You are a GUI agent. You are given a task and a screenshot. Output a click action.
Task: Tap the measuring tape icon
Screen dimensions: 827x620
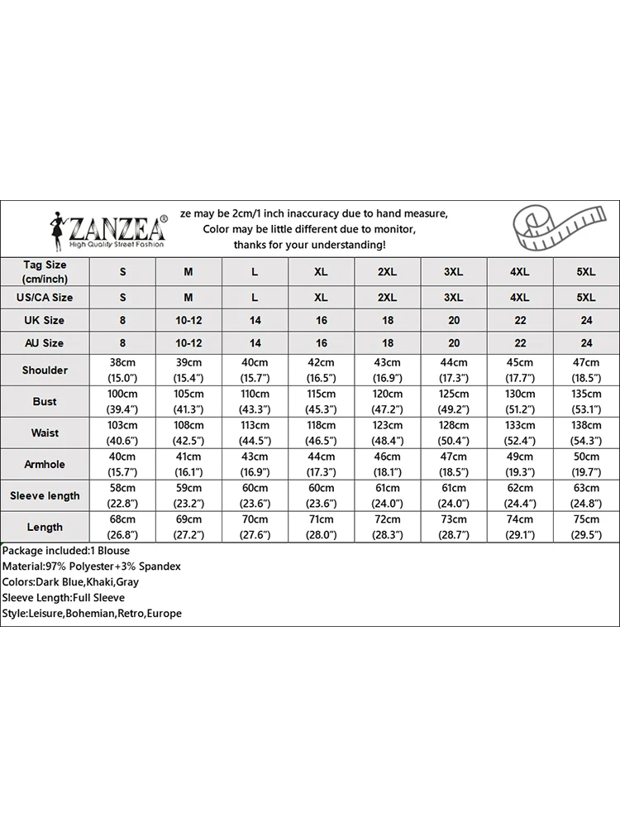[x=554, y=228]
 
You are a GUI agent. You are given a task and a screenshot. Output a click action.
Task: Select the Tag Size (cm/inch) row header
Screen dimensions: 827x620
[x=45, y=272]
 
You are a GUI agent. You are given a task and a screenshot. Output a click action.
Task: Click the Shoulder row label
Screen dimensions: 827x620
[x=45, y=370]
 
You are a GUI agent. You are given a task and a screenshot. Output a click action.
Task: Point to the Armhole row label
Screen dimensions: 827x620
[x=45, y=465]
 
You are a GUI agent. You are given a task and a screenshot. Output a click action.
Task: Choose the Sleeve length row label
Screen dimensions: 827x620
[x=45, y=496]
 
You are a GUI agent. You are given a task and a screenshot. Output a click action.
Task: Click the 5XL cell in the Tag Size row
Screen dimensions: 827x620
[x=586, y=272]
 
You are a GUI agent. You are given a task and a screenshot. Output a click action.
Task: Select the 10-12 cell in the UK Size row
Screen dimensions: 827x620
[x=188, y=320]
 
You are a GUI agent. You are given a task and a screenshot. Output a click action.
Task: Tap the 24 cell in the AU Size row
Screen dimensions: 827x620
[x=586, y=343]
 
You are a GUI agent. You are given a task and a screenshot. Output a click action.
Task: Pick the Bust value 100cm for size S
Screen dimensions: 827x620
[x=122, y=394]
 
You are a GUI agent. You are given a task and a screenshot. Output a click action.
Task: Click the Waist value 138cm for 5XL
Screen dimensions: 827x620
[x=586, y=426]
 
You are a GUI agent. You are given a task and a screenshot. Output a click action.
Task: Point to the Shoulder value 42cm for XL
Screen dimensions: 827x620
[x=321, y=363]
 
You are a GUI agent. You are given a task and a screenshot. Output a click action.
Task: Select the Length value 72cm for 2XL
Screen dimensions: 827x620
[x=387, y=519]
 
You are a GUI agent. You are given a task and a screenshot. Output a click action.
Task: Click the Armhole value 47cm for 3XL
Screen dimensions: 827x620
[x=454, y=457]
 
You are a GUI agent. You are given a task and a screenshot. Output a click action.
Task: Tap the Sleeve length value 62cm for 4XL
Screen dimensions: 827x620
[x=520, y=489]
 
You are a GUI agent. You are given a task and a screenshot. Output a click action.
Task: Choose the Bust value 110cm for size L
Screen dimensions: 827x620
[x=255, y=394]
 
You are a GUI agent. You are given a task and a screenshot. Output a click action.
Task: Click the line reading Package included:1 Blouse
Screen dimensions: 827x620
[x=66, y=551]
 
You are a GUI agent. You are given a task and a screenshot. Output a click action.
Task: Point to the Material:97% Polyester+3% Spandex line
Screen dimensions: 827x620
[x=91, y=566]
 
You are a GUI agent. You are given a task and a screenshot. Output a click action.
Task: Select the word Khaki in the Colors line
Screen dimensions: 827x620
[x=98, y=582]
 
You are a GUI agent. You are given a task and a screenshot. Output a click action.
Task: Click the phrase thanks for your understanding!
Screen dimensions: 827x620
[x=309, y=245]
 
